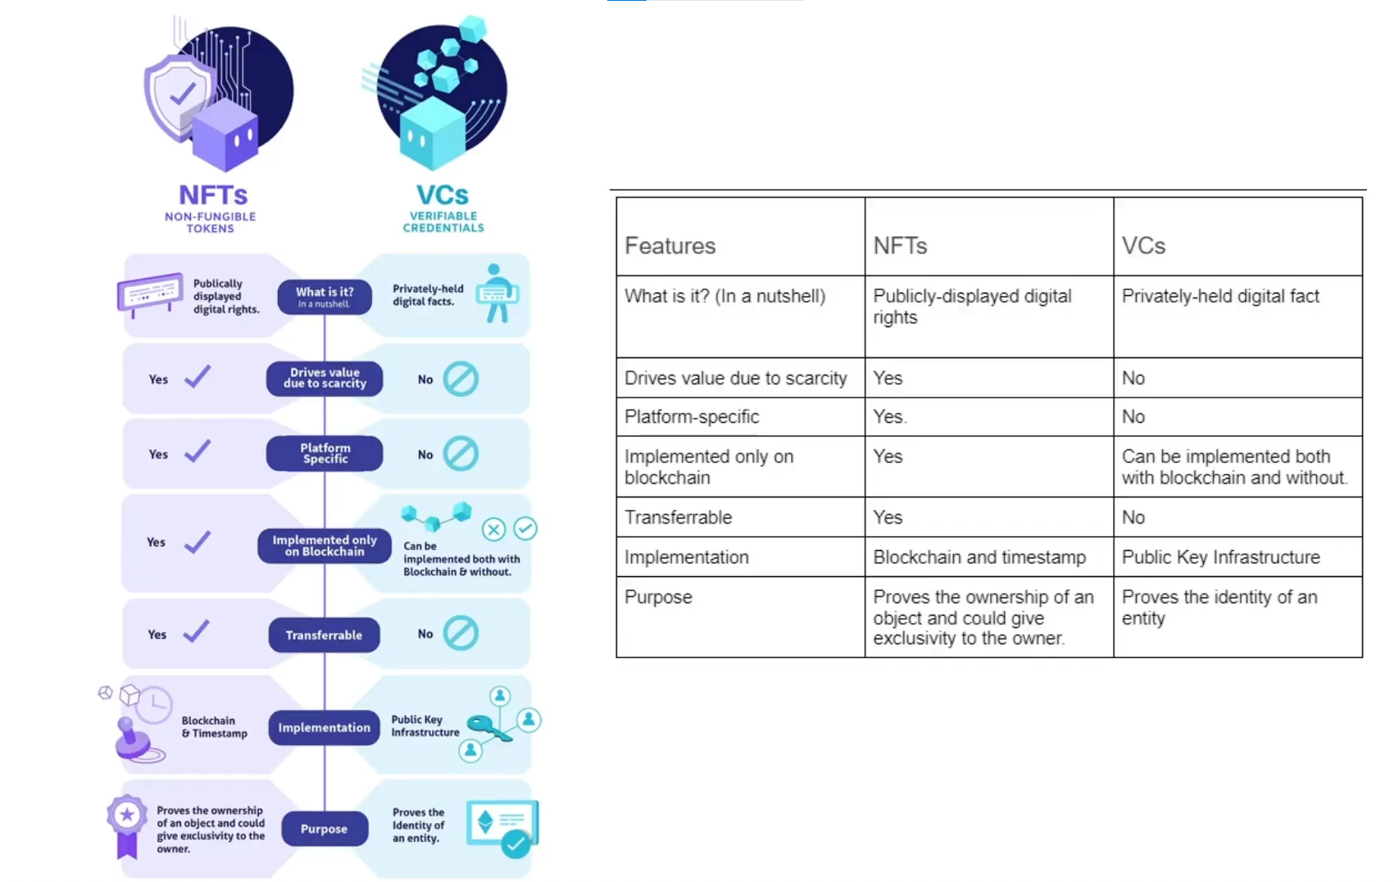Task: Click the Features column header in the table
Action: [670, 246]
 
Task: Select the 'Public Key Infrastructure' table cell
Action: [1220, 557]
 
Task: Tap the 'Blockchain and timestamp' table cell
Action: [979, 557]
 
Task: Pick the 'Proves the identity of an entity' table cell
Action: [1219, 607]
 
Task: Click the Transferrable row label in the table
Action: [678, 517]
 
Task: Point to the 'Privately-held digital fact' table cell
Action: [1219, 297]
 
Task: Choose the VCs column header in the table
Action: [1143, 246]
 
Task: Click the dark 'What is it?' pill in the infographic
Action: [325, 297]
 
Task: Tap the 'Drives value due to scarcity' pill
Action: [325, 378]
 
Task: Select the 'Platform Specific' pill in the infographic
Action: [325, 453]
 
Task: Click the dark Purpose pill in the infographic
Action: [324, 829]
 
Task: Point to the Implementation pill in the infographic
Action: [324, 728]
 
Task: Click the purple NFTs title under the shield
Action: [213, 195]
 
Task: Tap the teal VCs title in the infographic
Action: [443, 195]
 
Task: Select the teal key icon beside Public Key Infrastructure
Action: [489, 727]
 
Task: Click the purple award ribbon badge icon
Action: [127, 824]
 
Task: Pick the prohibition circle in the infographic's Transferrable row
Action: [461, 634]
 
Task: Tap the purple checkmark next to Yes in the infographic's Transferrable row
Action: [197, 632]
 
